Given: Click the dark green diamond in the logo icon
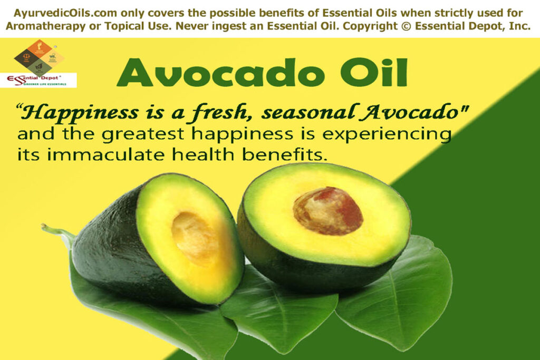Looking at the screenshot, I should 40,67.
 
